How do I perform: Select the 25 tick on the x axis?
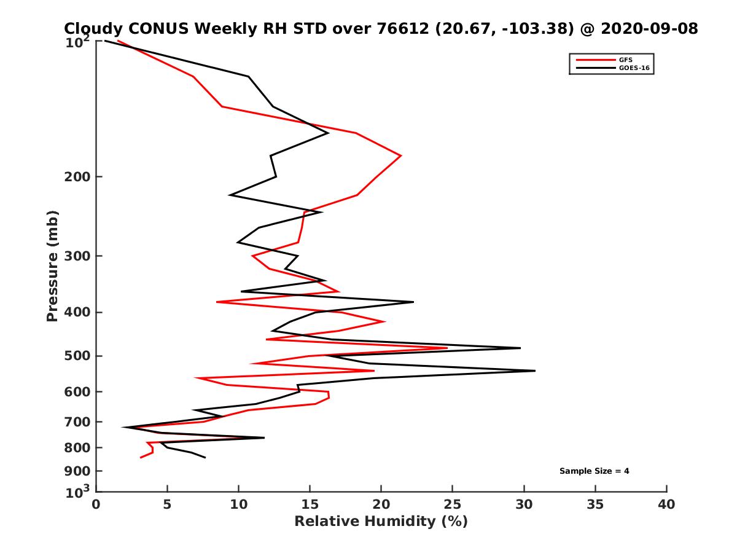coord(453,504)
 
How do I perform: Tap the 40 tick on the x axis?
coord(666,504)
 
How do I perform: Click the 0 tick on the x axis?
coord(96,504)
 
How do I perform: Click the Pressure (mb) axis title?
coord(53,265)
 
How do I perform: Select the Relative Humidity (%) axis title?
coord(381,522)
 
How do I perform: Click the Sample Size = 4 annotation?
coord(594,471)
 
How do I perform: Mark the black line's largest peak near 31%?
coord(535,371)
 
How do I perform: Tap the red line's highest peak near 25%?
coord(447,348)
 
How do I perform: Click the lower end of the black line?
coord(205,458)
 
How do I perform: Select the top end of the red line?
coord(118,41)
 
